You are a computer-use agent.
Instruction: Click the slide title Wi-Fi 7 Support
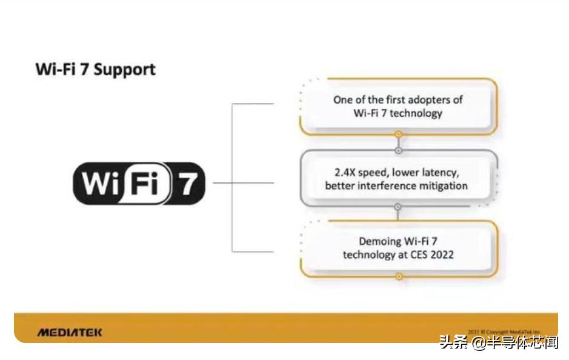click(95, 69)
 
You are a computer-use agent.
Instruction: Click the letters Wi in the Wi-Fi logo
click(98, 183)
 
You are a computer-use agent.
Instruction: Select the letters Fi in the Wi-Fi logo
click(143, 183)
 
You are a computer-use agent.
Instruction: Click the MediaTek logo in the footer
click(70, 332)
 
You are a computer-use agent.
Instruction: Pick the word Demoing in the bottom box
click(364, 241)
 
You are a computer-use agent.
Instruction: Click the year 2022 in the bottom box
click(441, 255)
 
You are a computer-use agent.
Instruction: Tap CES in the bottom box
click(418, 255)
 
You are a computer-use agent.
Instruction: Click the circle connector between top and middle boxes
click(398, 150)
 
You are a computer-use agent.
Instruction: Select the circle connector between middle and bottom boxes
click(398, 207)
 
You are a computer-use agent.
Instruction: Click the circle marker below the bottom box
click(399, 276)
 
